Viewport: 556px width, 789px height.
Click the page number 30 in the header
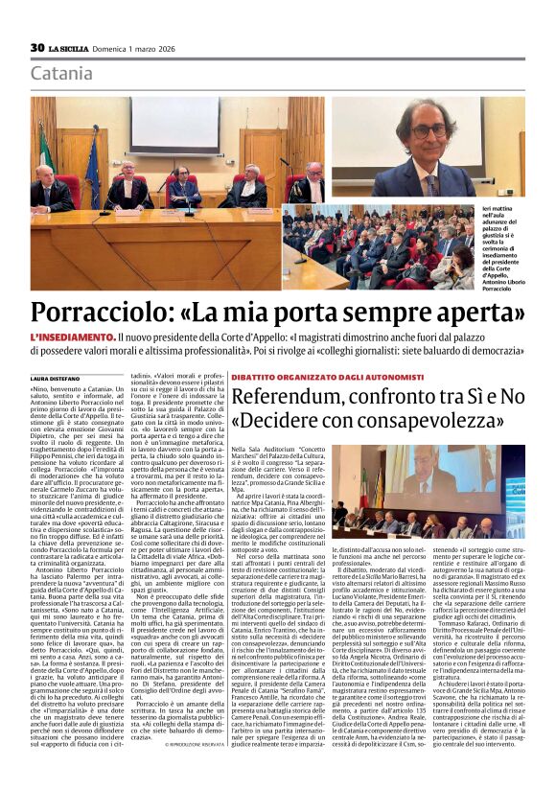click(x=37, y=47)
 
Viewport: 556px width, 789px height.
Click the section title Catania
click(x=61, y=74)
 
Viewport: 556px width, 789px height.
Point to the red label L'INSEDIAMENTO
click(x=72, y=339)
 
